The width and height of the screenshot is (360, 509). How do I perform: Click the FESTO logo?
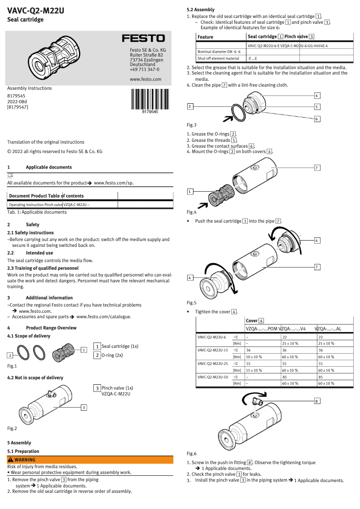[x=144, y=39]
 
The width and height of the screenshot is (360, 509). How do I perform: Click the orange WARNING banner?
[x=90, y=460]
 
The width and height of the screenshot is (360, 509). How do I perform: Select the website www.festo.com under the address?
[x=145, y=79]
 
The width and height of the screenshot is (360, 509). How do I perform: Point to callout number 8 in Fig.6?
[x=317, y=401]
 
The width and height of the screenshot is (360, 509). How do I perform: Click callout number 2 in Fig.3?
[x=190, y=106]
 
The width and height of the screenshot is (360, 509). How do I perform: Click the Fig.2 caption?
[x=12, y=428]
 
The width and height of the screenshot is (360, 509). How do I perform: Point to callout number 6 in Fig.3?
[x=317, y=119]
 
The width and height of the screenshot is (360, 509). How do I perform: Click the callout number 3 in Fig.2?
[x=83, y=407]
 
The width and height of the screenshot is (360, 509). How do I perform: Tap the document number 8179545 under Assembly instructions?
[x=16, y=96]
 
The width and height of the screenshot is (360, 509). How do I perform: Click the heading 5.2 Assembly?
[x=201, y=9]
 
